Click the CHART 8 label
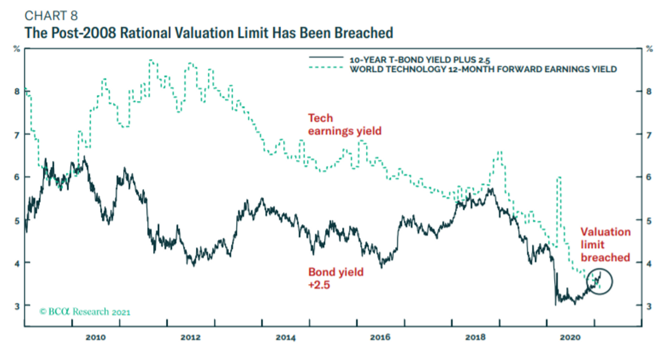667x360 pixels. pos(55,15)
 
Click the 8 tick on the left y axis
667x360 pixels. pos(16,91)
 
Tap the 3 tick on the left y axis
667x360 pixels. pos(16,305)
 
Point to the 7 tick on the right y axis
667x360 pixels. pos(650,134)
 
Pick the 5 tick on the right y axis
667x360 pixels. pos(650,220)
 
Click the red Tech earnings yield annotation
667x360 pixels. pos(345,125)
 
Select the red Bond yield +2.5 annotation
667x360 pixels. pos(336,278)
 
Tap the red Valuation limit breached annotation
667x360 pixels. pos(605,245)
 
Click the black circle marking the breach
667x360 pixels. pos(599,281)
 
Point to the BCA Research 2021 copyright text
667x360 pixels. pos(85,312)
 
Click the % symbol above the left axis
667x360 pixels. pos(16,49)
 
